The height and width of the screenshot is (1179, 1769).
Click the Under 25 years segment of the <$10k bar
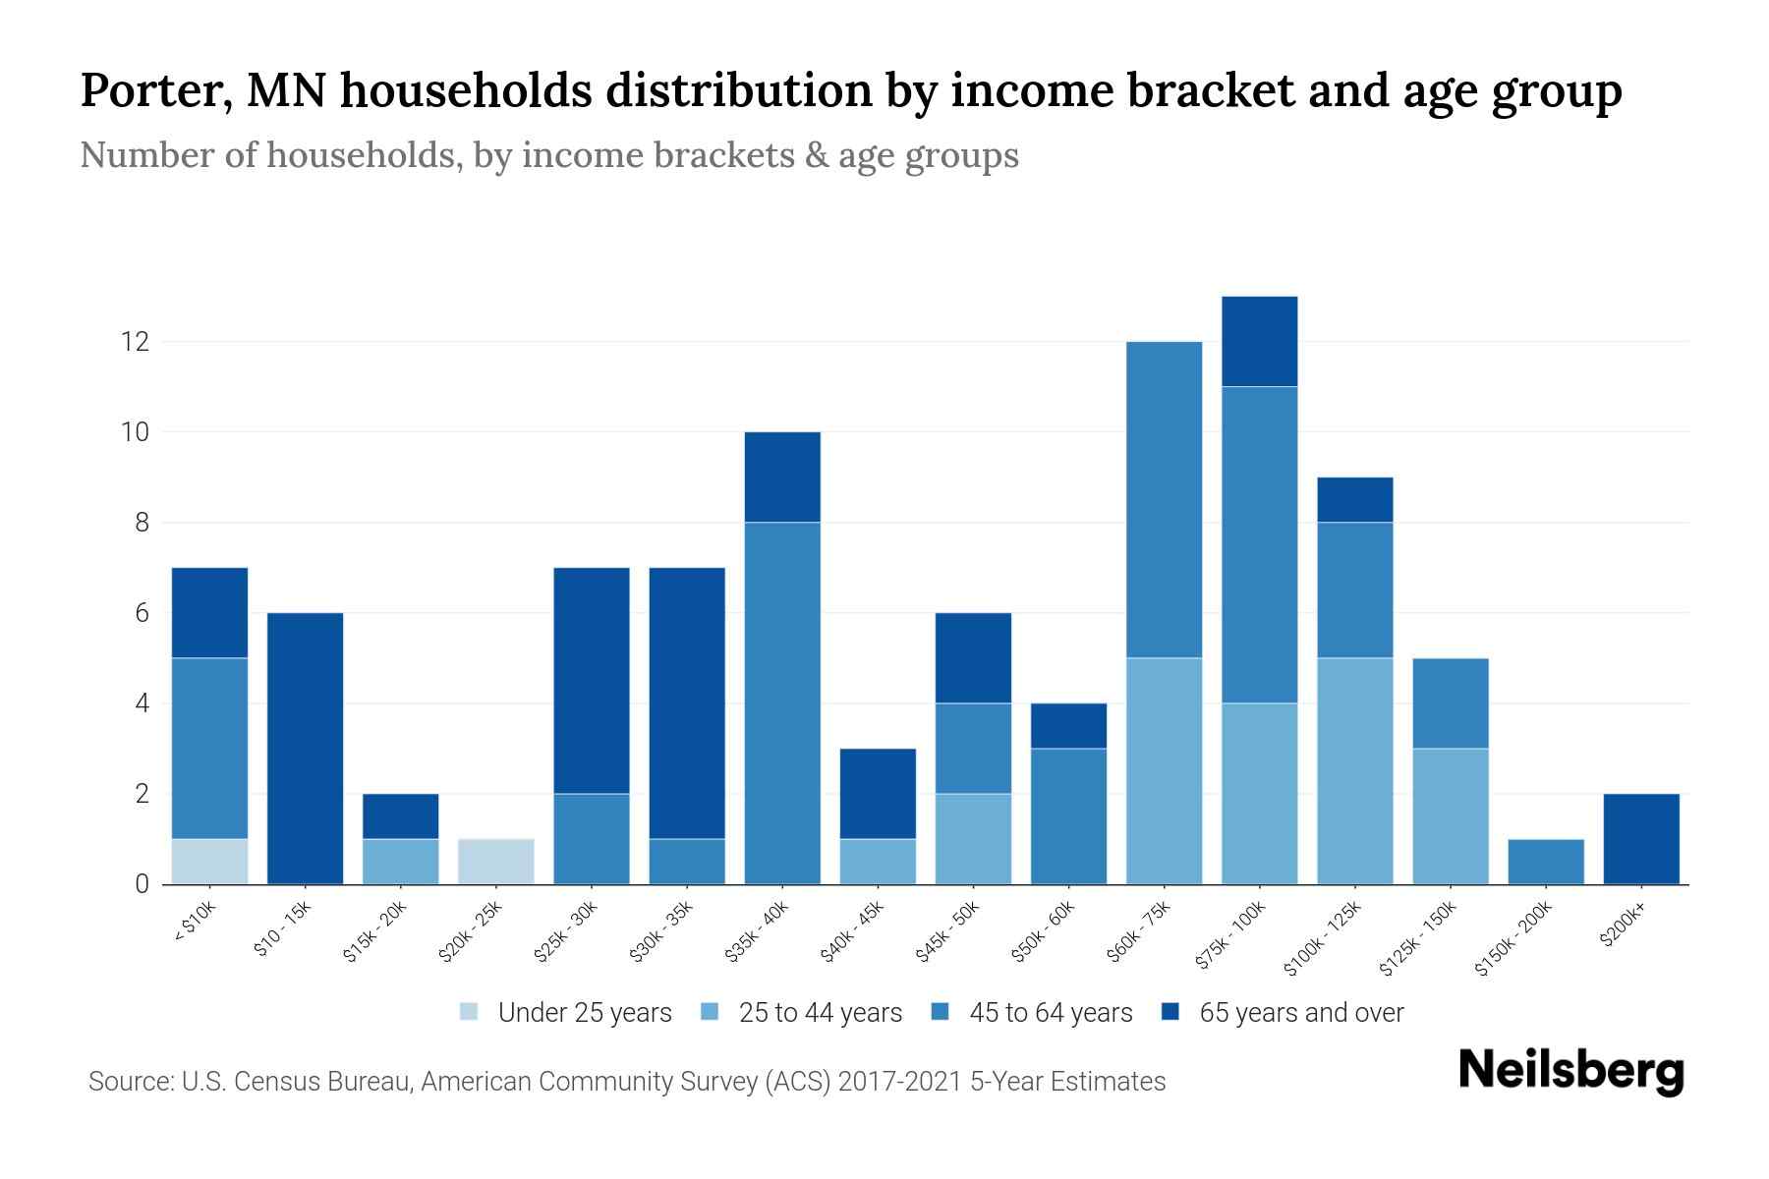(x=209, y=861)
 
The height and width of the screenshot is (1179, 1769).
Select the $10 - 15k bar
(x=305, y=748)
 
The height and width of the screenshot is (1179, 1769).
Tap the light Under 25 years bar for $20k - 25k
(x=496, y=861)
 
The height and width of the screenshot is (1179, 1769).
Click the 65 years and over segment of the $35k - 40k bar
(x=782, y=477)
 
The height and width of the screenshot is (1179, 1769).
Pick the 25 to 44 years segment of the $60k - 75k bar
(x=1164, y=770)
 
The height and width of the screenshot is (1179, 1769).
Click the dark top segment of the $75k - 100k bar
(x=1259, y=341)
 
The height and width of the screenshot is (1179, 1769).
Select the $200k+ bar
(x=1640, y=838)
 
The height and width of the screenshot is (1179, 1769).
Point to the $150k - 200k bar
(x=1545, y=861)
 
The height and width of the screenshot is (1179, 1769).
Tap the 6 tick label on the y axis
(x=142, y=613)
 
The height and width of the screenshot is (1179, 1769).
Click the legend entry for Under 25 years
(x=584, y=1013)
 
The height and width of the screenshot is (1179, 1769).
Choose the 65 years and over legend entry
(x=1300, y=1013)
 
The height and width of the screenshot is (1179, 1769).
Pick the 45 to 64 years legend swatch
(x=941, y=1013)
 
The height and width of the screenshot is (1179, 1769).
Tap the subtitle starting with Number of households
(x=548, y=155)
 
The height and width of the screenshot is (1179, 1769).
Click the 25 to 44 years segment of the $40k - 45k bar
(x=878, y=861)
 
